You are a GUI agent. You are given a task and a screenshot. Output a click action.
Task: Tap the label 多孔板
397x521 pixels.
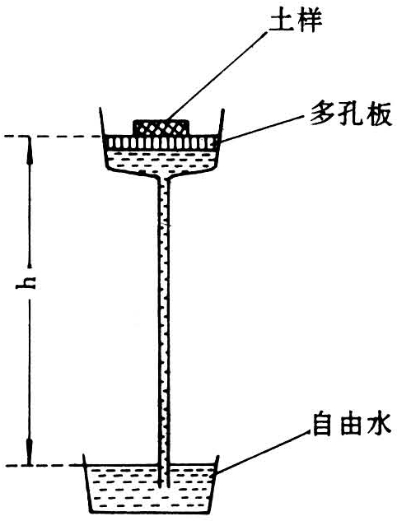(x=351, y=115)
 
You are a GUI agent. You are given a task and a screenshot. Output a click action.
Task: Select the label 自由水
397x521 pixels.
(x=351, y=426)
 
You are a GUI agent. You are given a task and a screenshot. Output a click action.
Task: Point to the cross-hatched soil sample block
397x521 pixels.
(x=161, y=128)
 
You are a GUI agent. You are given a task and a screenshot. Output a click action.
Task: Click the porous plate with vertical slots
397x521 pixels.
(x=161, y=143)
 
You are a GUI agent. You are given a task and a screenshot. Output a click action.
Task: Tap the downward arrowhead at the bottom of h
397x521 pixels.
(x=30, y=451)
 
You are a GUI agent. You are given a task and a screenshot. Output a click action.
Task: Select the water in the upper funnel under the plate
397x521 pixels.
(x=161, y=161)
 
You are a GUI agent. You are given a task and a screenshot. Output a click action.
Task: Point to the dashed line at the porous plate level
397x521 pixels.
(x=52, y=137)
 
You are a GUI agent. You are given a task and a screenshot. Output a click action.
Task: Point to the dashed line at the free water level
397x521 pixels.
(x=43, y=465)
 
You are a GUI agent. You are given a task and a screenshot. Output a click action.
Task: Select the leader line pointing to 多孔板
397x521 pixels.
(x=262, y=128)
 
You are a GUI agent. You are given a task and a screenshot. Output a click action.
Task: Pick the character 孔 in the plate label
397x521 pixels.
(x=351, y=115)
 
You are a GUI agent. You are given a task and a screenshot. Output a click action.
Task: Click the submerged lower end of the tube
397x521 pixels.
(x=164, y=486)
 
